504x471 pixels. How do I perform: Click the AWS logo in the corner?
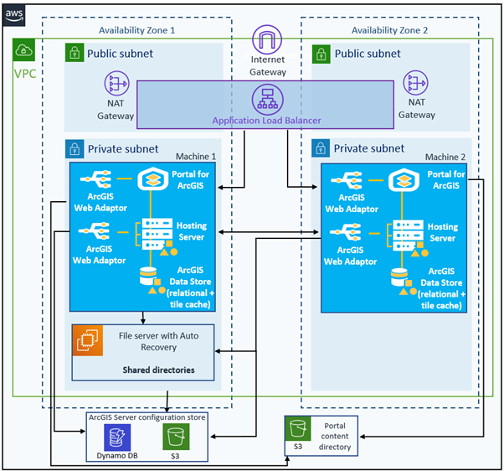pyautogui.click(x=14, y=15)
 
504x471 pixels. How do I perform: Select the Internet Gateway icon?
pyautogui.click(x=267, y=39)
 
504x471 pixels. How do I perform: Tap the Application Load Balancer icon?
pyautogui.click(x=267, y=100)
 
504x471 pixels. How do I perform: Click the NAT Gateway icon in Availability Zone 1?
pyautogui.click(x=116, y=83)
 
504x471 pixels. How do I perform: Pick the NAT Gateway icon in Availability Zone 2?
pyautogui.click(x=415, y=83)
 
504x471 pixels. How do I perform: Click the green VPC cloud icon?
pyautogui.click(x=23, y=50)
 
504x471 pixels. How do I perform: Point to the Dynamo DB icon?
pyautogui.click(x=117, y=437)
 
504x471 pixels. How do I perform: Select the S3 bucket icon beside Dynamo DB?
pyautogui.click(x=176, y=437)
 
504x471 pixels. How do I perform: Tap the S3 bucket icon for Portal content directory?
pyautogui.click(x=298, y=428)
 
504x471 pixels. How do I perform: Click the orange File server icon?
pyautogui.click(x=87, y=340)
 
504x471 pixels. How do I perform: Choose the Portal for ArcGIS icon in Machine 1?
pyautogui.click(x=153, y=179)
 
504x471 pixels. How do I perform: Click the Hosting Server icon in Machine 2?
pyautogui.click(x=408, y=238)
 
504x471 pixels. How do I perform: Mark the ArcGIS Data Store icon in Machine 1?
pyautogui.click(x=152, y=281)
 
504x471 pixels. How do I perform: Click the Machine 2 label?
pyautogui.click(x=445, y=157)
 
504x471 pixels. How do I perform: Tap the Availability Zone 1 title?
pyautogui.click(x=137, y=30)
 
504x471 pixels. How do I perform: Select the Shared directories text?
pyautogui.click(x=158, y=370)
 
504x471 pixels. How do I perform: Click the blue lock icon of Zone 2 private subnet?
pyautogui.click(x=321, y=148)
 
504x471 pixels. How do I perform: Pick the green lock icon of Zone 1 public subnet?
pyautogui.click(x=75, y=53)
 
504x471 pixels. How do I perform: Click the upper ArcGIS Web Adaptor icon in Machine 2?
pyautogui.click(x=347, y=180)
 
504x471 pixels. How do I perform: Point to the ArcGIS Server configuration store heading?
pyautogui.click(x=147, y=417)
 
